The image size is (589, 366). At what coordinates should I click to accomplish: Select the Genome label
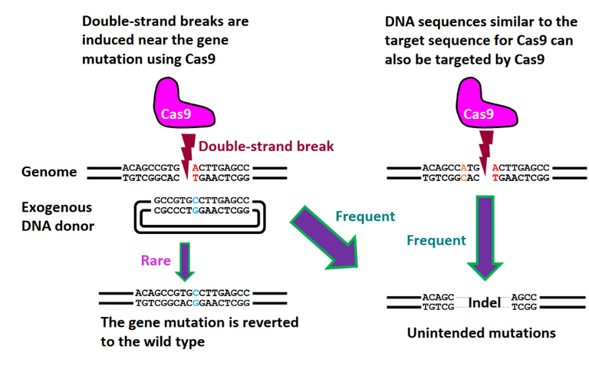[x=49, y=172]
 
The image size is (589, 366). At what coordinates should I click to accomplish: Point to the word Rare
[x=156, y=260]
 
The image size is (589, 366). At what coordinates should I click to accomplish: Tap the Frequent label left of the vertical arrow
[x=436, y=240]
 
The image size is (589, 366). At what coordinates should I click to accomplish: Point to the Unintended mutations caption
[x=481, y=333]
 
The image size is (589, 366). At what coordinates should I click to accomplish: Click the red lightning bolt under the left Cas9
[x=188, y=146]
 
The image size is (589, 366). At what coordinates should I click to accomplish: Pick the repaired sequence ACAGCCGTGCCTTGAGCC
[x=192, y=292]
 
